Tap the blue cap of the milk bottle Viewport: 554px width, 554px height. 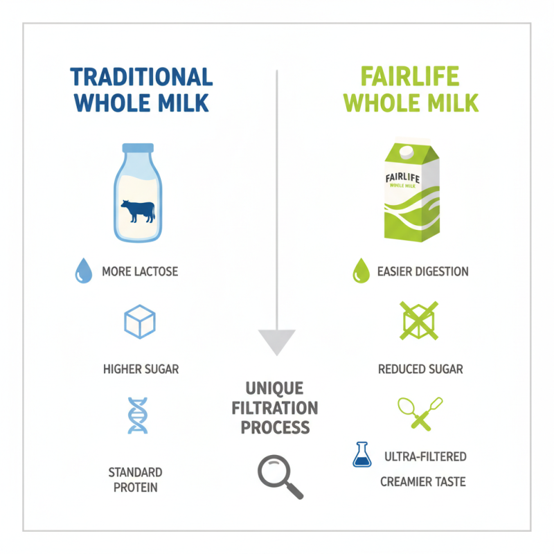(137, 148)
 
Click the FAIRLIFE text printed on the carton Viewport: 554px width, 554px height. (403, 178)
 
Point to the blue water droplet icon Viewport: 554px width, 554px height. (83, 271)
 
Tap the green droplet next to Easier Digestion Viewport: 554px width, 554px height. (359, 271)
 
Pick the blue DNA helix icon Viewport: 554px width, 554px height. (138, 415)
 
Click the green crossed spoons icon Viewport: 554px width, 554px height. (420, 413)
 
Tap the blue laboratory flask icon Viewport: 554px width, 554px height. (361, 455)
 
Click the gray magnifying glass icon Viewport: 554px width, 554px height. (280, 476)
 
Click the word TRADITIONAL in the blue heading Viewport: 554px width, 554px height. (141, 77)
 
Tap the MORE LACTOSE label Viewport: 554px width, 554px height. (140, 271)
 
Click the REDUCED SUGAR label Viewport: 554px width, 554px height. (420, 369)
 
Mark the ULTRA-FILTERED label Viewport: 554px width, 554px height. (425, 457)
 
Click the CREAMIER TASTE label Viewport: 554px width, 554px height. (423, 481)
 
